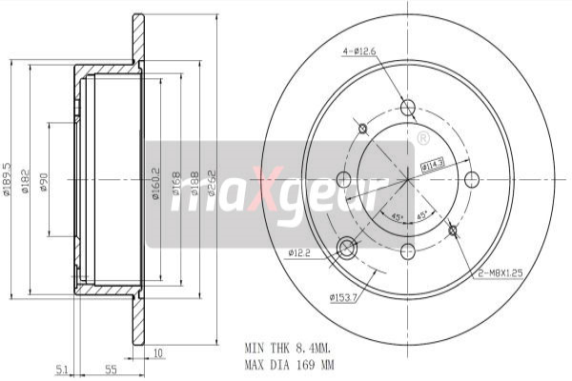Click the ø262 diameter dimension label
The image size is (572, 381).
coord(213,181)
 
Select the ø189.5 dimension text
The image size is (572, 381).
coord(8,178)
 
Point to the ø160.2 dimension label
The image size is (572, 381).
coord(154,181)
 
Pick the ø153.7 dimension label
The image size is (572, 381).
coord(343,297)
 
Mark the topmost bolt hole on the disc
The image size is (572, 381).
coord(408,107)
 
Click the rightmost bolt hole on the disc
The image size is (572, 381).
coord(470,179)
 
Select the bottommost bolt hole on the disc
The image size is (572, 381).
coord(408,251)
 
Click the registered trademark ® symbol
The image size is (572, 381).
coord(422,140)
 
